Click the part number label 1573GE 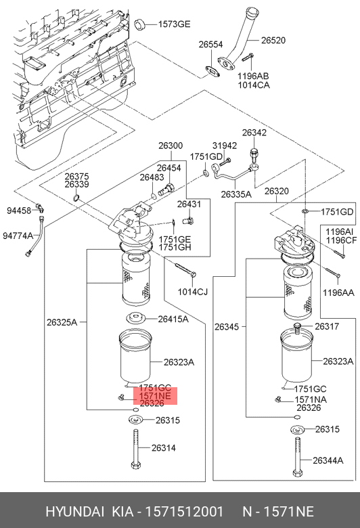174,24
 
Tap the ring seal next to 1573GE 140,25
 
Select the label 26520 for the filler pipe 273,41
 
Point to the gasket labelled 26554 212,72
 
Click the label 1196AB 253,76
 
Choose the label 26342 254,133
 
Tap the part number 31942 225,146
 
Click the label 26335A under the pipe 236,194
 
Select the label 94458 19,211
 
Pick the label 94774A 18,236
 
